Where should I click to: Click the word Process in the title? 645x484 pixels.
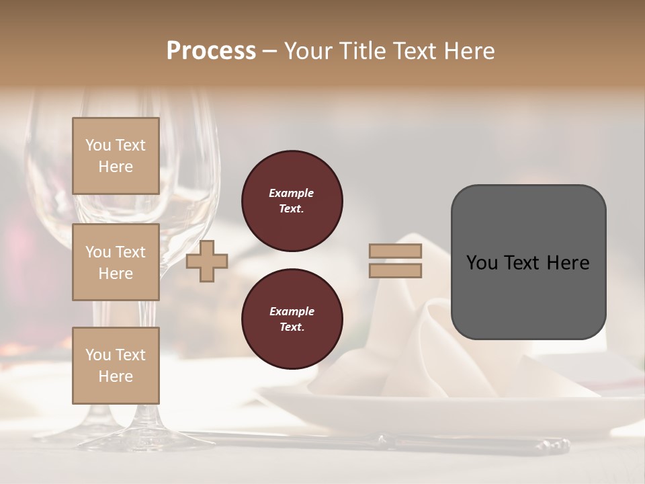(x=211, y=51)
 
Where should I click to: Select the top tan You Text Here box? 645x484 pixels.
(x=116, y=156)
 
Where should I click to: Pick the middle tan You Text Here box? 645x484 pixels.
(x=116, y=262)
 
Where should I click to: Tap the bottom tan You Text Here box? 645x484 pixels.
(x=116, y=366)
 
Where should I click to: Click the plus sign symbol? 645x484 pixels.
(x=207, y=261)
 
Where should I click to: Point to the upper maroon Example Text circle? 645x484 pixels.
(x=292, y=201)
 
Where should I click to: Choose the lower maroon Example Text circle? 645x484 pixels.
(x=292, y=319)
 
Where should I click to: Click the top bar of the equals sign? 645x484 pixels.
(x=395, y=251)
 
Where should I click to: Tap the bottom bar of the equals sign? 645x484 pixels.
(x=395, y=270)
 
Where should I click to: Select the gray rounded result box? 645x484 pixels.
(x=528, y=296)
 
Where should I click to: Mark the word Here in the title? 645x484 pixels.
(x=468, y=51)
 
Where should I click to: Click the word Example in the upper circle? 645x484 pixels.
(x=292, y=193)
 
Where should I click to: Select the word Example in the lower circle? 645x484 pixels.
(x=292, y=311)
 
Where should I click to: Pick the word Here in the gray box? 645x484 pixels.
(x=568, y=263)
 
